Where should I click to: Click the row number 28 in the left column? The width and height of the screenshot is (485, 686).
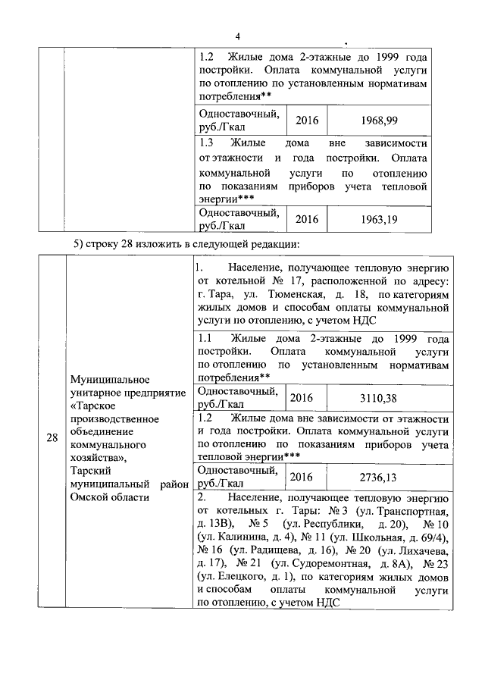(52, 437)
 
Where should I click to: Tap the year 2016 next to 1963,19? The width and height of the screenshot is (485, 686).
(307, 219)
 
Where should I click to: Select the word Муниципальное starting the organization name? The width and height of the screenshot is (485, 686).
(107, 378)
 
